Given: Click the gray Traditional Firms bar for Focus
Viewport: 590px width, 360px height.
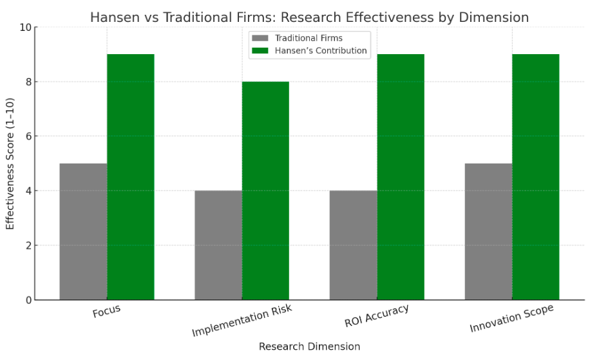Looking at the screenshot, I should [x=83, y=232].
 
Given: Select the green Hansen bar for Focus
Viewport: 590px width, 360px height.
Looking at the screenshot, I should [x=131, y=177].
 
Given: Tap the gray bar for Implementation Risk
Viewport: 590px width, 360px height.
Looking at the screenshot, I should [x=218, y=245].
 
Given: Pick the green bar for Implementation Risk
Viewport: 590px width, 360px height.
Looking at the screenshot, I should [x=265, y=191].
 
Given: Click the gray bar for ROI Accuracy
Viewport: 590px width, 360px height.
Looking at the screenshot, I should [x=353, y=245].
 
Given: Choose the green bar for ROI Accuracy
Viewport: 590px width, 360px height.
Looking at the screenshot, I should [x=401, y=177].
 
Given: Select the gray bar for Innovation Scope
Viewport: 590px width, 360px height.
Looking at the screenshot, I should [x=488, y=232].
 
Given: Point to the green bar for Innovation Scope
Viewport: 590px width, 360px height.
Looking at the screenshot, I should [x=535, y=177].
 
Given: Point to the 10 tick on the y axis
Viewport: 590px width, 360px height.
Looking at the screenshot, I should [x=25, y=28].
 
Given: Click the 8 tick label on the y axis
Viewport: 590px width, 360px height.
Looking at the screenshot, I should [x=28, y=82].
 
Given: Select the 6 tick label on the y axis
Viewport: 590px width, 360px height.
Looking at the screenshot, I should [x=28, y=137].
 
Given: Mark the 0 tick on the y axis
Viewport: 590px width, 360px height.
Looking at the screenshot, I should [x=28, y=300].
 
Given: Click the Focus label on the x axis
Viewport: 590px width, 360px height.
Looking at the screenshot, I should [x=106, y=312].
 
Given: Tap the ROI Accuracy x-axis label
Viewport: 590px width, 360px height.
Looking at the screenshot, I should [x=377, y=316].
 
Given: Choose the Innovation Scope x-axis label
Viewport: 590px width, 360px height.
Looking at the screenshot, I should [x=512, y=319].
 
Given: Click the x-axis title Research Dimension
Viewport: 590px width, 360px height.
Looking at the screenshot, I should [x=309, y=346].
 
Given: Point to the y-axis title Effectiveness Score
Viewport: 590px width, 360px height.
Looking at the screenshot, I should [x=10, y=164].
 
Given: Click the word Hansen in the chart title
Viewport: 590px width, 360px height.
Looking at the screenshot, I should [x=113, y=17].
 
